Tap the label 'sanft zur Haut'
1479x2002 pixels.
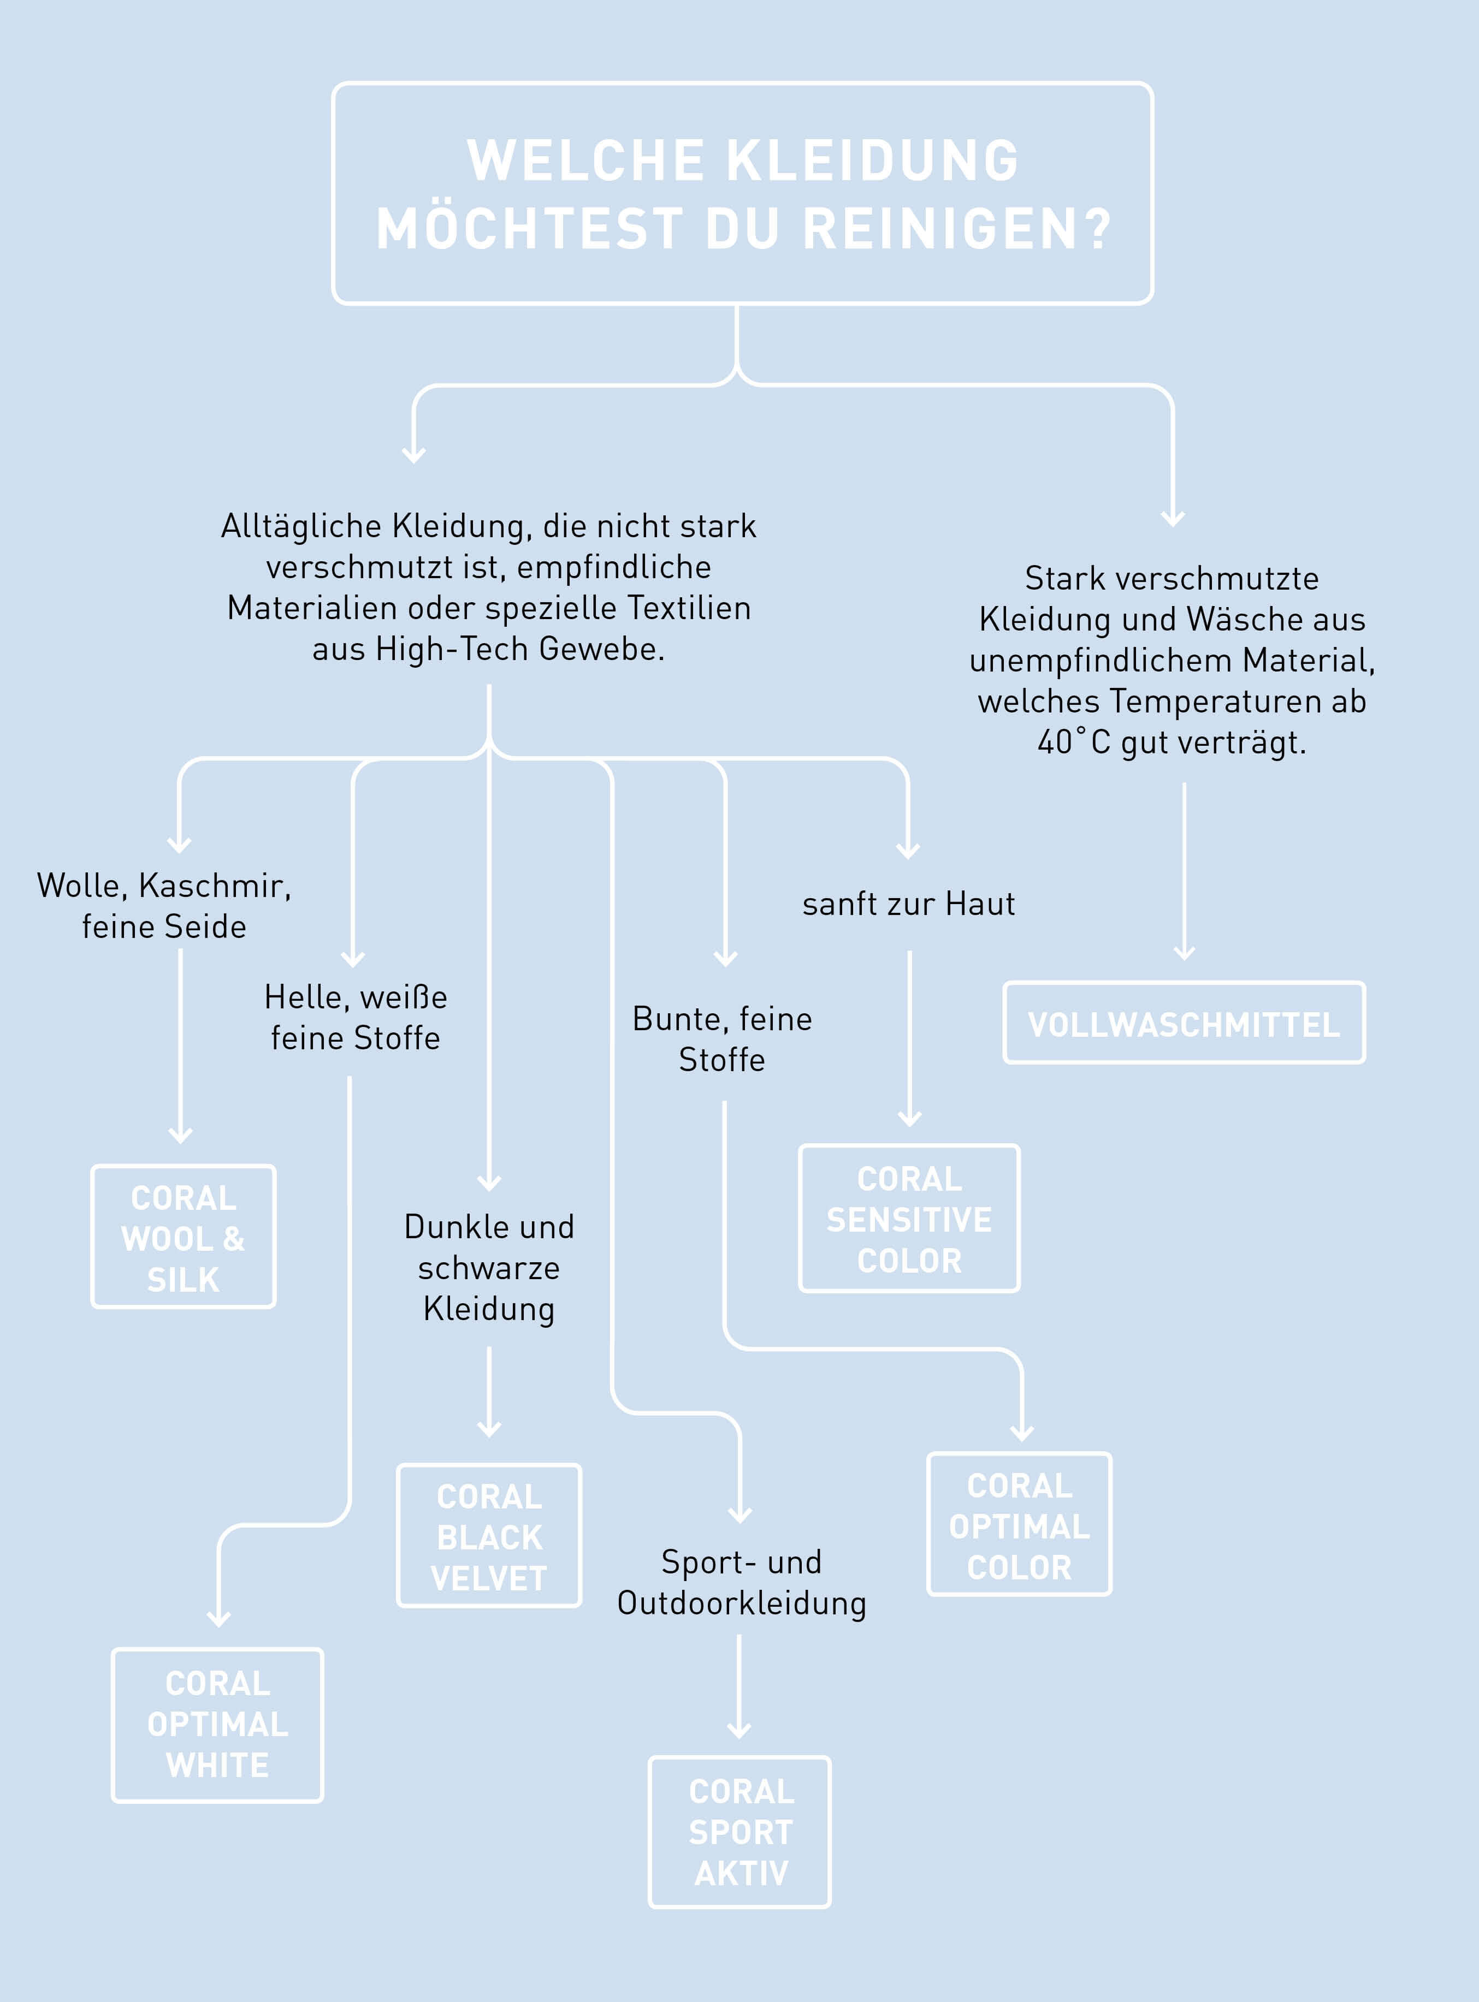[x=909, y=904]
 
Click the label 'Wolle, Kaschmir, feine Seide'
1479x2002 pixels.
[x=164, y=906]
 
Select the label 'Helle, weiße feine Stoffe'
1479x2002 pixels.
[x=356, y=1018]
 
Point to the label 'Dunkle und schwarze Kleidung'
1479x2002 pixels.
[x=489, y=1267]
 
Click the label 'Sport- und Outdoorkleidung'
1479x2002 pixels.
[x=741, y=1582]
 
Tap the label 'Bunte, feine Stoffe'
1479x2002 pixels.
[x=723, y=1039]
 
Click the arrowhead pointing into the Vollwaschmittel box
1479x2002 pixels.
[x=1185, y=952]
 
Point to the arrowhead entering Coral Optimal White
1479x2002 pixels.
[x=218, y=1618]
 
